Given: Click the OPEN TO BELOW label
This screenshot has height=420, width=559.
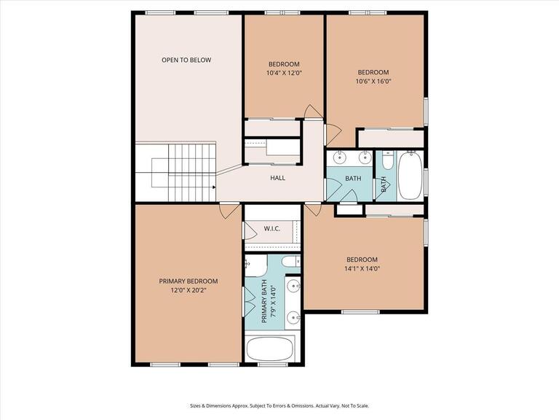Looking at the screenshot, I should (186, 60).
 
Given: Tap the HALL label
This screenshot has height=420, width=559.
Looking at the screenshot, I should (277, 178).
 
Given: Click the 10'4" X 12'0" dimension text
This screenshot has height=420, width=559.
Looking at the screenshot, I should (284, 73).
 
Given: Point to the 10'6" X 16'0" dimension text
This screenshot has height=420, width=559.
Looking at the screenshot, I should (373, 82).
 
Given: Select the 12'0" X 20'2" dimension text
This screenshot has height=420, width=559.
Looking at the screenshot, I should (189, 290).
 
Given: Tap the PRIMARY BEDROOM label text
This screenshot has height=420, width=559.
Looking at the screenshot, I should (189, 281).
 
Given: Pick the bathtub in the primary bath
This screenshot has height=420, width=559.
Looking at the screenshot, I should (273, 349).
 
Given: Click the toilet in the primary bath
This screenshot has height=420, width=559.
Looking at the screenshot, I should (288, 263).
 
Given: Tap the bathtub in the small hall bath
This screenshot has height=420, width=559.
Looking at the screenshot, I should (410, 175).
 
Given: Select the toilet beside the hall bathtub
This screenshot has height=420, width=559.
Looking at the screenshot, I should (386, 158).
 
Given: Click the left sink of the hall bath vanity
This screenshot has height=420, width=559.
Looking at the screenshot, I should (340, 157).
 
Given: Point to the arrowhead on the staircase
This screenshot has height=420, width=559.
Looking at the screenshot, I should (213, 187).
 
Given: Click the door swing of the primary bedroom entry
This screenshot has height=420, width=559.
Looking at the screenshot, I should (228, 210).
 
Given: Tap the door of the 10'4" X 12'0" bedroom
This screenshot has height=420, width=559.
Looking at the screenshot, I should (312, 112).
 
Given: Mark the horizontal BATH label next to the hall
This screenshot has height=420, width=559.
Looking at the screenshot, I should (353, 179).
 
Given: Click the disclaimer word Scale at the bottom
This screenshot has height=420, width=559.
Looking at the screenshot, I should (361, 406).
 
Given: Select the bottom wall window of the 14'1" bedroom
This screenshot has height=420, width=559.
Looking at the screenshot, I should (360, 312).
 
